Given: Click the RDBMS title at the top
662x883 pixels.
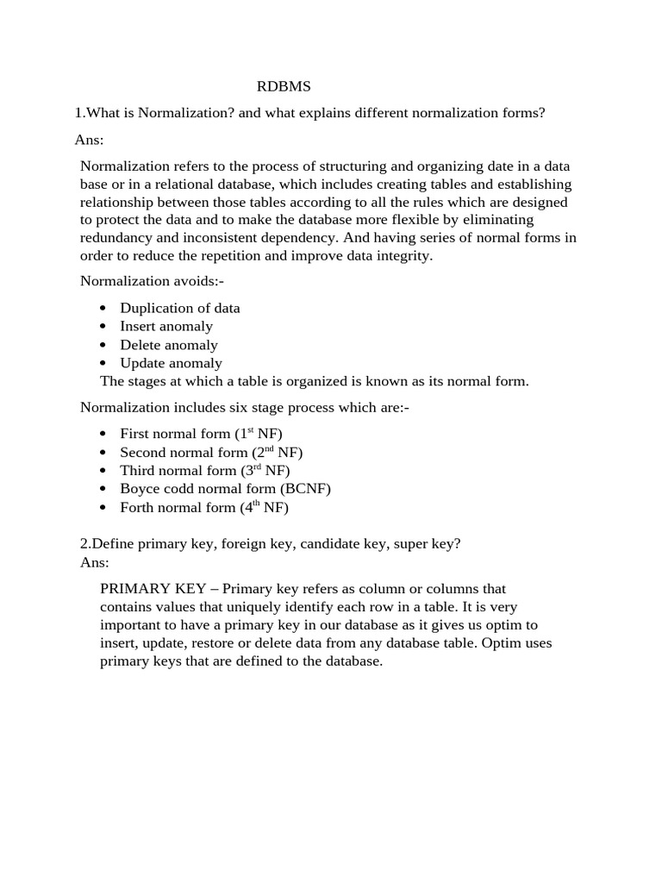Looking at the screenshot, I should click(284, 87).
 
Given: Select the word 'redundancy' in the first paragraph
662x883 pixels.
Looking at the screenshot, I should click(118, 238).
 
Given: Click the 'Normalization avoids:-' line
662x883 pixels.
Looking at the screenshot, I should click(152, 281).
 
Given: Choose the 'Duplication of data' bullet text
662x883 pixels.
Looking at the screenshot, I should click(179, 308).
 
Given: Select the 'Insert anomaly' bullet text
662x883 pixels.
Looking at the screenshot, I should click(165, 326).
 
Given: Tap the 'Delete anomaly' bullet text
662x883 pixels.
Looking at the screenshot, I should click(168, 345).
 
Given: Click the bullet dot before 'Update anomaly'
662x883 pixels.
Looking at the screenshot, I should click(103, 363).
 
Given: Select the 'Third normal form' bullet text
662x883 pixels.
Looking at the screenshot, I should click(178, 471).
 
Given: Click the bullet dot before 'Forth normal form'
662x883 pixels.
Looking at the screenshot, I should click(103, 508).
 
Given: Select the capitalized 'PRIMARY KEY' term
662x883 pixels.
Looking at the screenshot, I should click(153, 589).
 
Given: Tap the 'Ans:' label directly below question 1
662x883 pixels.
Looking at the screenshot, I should click(89, 140).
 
